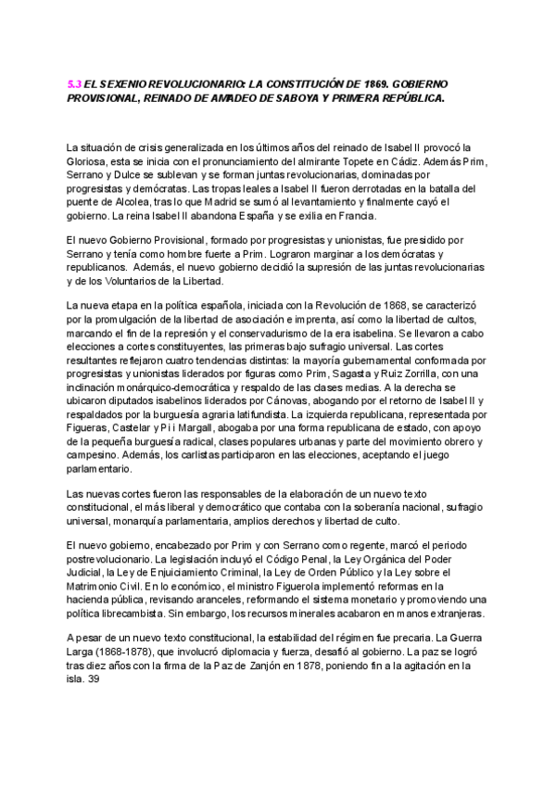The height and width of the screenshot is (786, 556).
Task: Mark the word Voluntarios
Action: click(136, 281)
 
